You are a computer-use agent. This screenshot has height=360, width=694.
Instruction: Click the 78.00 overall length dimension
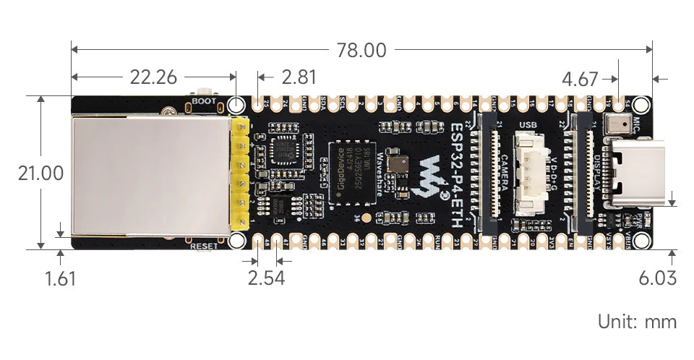361,51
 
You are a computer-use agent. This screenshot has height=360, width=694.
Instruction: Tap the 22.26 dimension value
153,77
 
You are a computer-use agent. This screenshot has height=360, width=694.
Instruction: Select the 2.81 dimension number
299,77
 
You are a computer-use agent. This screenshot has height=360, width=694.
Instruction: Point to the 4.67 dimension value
581,79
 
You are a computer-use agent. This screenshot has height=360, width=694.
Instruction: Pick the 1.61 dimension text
60,278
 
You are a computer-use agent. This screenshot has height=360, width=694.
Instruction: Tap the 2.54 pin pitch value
265,278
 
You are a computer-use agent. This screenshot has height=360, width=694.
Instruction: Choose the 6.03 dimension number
657,278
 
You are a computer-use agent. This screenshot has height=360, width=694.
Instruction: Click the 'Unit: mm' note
637,322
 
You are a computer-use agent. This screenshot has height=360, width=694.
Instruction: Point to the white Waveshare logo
433,175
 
